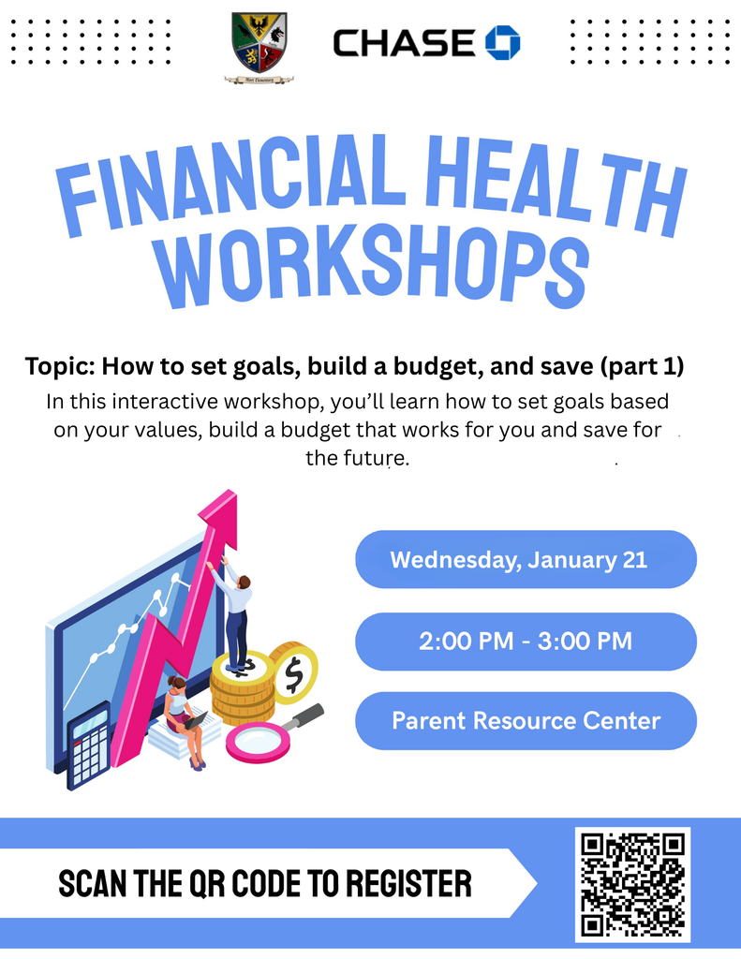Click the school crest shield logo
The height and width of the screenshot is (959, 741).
259,43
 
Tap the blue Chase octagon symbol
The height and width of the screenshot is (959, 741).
502,42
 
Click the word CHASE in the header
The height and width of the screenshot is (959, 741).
405,43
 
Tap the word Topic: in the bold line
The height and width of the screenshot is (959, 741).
60,366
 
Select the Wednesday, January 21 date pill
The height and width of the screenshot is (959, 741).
526,560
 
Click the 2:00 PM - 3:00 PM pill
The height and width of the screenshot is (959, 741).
526,642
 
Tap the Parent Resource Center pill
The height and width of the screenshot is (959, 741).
526,721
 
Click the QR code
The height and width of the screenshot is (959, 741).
633,884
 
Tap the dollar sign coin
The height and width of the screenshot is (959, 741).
294,671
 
